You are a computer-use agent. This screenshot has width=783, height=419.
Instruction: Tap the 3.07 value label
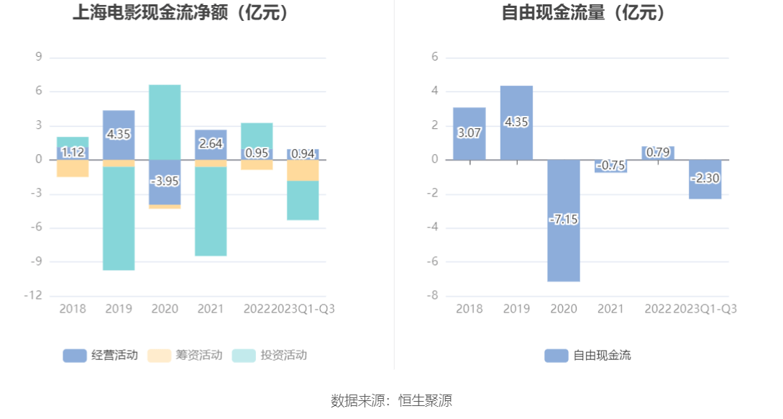coord(470,132)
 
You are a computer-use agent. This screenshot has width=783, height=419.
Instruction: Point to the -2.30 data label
coord(705,178)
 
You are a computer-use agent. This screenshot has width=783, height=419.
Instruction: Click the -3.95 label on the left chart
coord(165,181)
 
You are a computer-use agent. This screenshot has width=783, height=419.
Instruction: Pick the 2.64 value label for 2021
coord(211,143)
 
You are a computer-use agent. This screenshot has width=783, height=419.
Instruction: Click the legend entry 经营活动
coord(100,355)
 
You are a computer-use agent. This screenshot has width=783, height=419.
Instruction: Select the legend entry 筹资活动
coord(185,355)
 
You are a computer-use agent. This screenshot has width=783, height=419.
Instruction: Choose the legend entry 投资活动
coord(270,355)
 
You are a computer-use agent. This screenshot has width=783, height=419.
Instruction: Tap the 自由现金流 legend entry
coord(587,355)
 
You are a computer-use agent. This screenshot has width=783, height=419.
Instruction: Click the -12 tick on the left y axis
coord(35,296)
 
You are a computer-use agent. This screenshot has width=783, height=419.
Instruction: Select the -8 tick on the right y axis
coord(434,296)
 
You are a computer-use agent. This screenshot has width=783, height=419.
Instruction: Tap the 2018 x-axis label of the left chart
coord(73,309)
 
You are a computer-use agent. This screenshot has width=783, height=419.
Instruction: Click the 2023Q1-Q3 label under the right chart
coord(705,309)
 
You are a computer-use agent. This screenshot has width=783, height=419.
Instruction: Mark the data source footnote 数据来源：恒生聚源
coord(391,401)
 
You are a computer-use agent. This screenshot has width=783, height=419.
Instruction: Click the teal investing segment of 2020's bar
coord(165,121)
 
